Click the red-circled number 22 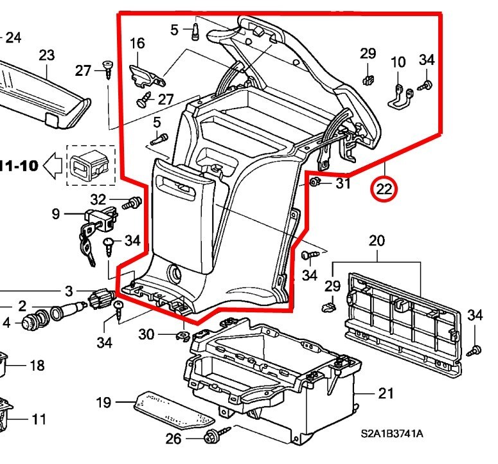[x=384, y=189]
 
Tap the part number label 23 [x=46, y=55]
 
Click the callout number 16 [x=138, y=44]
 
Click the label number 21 [x=385, y=393]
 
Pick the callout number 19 [x=103, y=403]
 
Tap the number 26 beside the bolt [x=173, y=440]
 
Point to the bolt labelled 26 [x=209, y=437]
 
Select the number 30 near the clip [x=147, y=334]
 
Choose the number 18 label [x=37, y=366]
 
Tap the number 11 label [x=39, y=420]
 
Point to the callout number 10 [x=398, y=62]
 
